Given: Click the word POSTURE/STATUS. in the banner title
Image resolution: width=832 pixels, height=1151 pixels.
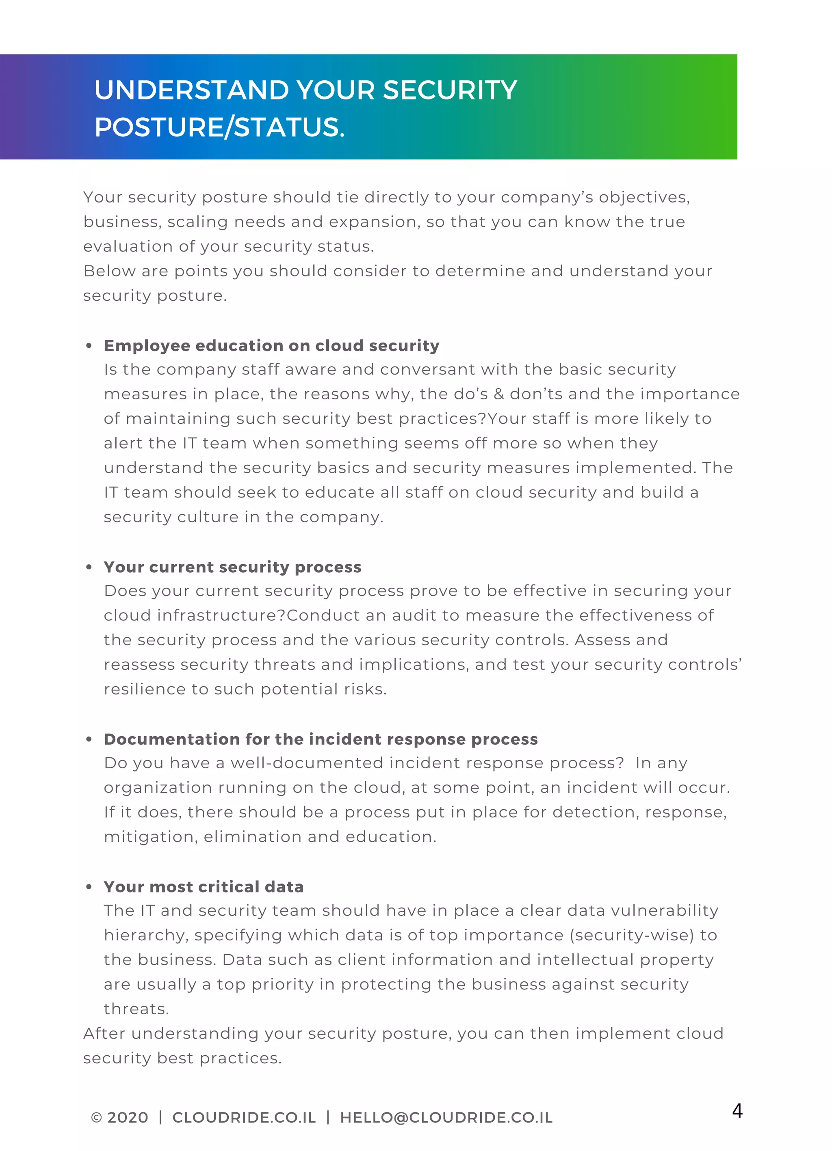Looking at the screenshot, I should pos(219,127).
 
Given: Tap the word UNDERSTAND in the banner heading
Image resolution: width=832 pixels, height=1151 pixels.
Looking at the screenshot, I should pos(193,91).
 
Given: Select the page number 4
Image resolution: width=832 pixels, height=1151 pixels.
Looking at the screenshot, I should pos(737,1110).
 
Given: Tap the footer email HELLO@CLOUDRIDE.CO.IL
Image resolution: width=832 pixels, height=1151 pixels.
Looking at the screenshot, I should pos(446,1117).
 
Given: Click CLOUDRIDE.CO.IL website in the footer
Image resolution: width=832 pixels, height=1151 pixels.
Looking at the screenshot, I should pos(244,1117).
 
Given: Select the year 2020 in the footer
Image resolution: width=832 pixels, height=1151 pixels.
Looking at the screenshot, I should pos(128,1117).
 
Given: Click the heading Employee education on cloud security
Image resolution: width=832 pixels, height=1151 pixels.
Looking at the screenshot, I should pos(271,346).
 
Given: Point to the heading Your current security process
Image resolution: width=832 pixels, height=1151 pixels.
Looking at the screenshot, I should pos(232,567).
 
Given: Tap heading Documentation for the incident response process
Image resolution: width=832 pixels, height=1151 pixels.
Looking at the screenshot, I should pos(321,739).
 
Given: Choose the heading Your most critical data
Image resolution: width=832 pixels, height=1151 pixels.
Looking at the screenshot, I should pos(204,887).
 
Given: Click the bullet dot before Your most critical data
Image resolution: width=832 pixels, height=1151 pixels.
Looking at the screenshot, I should pos(89,887).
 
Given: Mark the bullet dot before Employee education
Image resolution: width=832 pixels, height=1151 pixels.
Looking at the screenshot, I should pos(89,346).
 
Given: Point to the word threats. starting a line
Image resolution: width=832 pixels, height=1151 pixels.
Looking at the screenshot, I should pos(136,1009).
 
